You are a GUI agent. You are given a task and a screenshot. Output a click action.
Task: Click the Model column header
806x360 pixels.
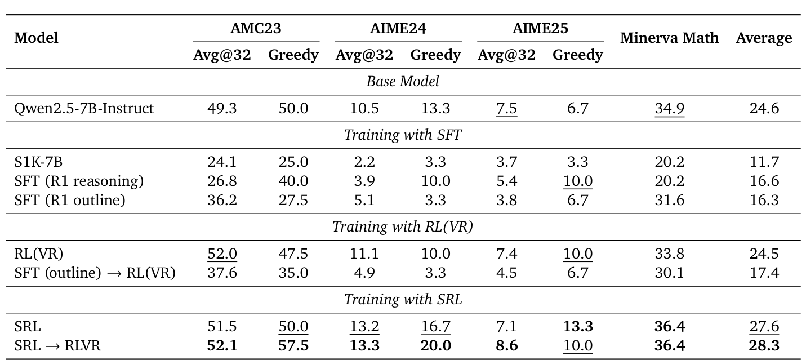tap(37, 38)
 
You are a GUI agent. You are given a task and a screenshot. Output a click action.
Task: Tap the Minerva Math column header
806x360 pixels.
tap(669, 38)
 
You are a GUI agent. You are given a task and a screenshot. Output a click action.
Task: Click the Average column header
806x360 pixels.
tap(764, 38)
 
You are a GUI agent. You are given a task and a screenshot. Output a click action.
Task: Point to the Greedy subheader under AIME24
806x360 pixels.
tap(435, 55)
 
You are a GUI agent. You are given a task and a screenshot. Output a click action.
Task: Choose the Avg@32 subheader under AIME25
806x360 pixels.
tap(506, 55)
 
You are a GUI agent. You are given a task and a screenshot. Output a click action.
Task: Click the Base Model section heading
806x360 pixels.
tap(403, 81)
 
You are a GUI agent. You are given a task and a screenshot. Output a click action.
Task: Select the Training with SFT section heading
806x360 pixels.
tap(403, 135)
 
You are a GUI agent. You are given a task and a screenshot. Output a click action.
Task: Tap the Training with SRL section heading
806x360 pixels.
tap(403, 299)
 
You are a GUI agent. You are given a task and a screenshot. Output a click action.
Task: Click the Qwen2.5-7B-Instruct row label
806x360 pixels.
tap(84, 108)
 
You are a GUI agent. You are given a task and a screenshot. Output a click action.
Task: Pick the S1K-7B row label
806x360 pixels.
tap(38, 162)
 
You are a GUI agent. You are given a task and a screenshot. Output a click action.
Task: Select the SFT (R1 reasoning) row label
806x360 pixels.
tap(79, 181)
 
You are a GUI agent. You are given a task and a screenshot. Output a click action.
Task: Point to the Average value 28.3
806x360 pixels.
tap(764, 345)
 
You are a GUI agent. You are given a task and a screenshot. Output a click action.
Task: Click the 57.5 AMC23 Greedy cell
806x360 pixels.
tap(293, 345)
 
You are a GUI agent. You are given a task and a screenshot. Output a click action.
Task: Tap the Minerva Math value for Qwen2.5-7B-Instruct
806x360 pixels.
tap(669, 108)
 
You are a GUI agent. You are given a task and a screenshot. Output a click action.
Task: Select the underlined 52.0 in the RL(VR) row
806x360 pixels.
tap(222, 254)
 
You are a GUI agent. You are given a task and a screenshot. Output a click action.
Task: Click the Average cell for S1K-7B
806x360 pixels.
tap(764, 162)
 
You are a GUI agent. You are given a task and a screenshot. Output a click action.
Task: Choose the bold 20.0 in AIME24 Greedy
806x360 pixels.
tap(435, 345)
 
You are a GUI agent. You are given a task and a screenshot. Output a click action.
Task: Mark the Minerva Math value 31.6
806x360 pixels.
tap(669, 199)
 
